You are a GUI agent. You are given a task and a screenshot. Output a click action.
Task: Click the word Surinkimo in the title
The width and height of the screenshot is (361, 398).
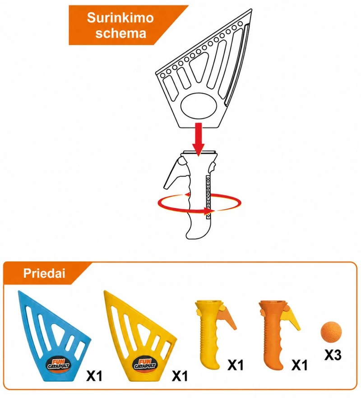click(x=120, y=18)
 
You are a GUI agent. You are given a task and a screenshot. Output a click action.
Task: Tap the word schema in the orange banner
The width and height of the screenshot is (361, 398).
click(x=121, y=33)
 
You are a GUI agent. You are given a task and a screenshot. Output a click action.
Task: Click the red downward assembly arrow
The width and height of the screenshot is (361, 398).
click(x=199, y=139)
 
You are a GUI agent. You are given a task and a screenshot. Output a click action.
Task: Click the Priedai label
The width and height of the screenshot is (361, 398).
click(x=44, y=273)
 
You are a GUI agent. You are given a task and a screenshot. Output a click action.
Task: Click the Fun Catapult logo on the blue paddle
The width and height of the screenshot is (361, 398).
click(x=59, y=365)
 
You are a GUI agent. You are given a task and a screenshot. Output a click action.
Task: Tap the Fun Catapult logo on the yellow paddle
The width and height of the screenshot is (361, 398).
click(x=145, y=365)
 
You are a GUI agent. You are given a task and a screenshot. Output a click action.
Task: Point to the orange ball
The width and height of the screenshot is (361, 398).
click(x=331, y=332)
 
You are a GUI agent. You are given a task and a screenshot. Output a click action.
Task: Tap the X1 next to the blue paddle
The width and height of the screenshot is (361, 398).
click(x=94, y=376)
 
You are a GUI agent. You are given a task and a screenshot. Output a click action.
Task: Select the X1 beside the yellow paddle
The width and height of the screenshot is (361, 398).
click(x=180, y=376)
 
